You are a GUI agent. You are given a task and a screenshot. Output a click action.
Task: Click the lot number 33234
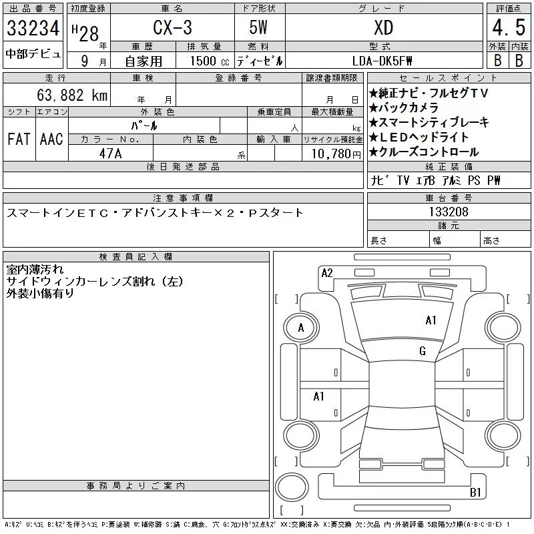[x=33, y=28]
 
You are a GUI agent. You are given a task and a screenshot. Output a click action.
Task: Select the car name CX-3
[x=172, y=27]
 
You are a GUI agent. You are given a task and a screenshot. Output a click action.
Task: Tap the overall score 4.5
[x=509, y=27]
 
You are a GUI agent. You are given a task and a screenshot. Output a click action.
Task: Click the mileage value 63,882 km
[x=72, y=95]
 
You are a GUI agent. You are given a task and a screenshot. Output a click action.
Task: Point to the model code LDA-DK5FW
[x=382, y=61]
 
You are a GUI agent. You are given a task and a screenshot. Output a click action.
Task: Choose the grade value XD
[x=383, y=28]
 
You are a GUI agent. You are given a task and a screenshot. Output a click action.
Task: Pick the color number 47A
[x=110, y=154]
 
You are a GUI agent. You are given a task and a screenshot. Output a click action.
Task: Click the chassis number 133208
[x=449, y=212]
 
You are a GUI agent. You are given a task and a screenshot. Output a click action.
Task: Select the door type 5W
[x=258, y=27]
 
